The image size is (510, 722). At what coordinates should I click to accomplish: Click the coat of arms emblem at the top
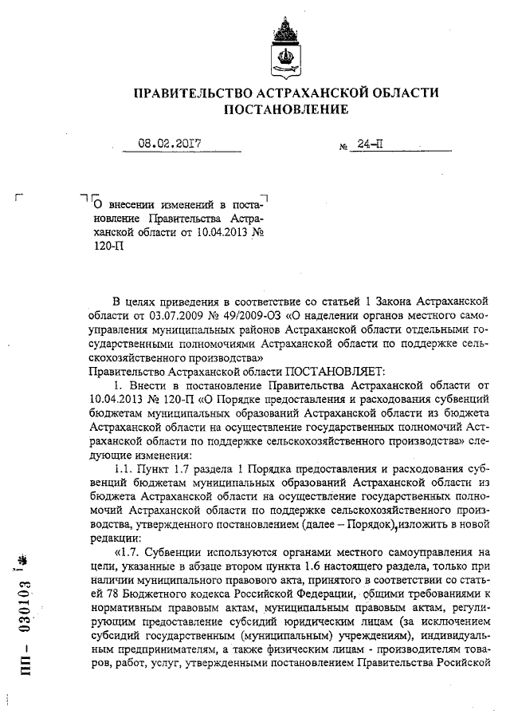coord(285,47)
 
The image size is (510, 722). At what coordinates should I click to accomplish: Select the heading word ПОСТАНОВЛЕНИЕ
coord(285,108)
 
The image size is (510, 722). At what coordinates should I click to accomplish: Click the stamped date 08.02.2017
coord(170,144)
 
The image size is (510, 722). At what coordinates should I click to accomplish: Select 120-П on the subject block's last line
coord(104,247)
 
